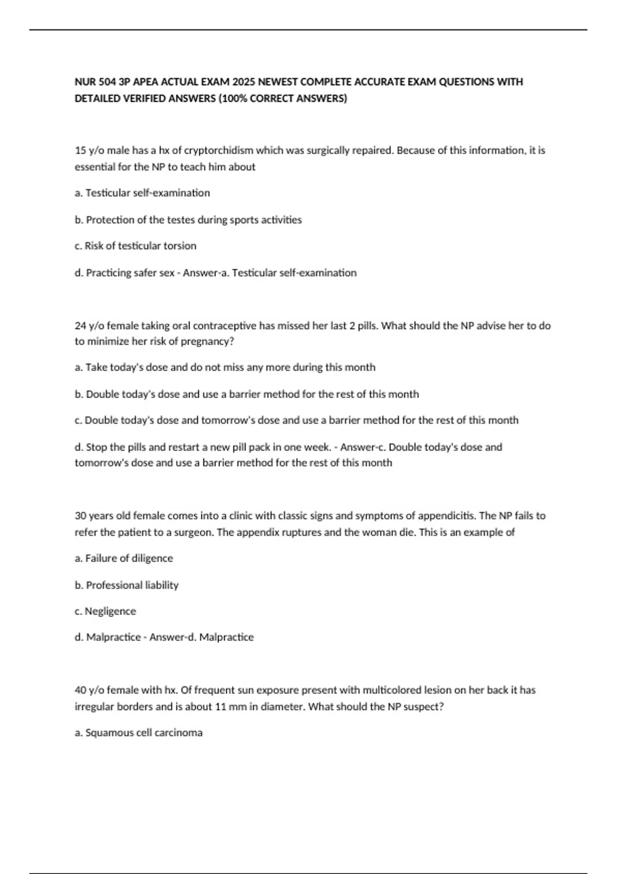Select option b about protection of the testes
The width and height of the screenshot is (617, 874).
(x=188, y=220)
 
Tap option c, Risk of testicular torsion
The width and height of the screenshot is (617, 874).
(x=135, y=246)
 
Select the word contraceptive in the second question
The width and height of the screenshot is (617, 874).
(x=224, y=325)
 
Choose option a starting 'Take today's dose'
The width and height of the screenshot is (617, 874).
(x=225, y=367)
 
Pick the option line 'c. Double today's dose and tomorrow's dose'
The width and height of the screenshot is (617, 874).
(x=296, y=420)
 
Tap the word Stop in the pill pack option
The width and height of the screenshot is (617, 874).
(x=96, y=447)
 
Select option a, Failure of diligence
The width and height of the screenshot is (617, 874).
(x=123, y=558)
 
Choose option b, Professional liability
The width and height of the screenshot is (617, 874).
(x=126, y=585)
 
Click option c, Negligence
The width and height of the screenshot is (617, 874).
(x=105, y=611)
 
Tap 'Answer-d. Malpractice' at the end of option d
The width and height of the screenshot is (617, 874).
(x=202, y=637)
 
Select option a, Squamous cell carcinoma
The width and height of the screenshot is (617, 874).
(x=138, y=733)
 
